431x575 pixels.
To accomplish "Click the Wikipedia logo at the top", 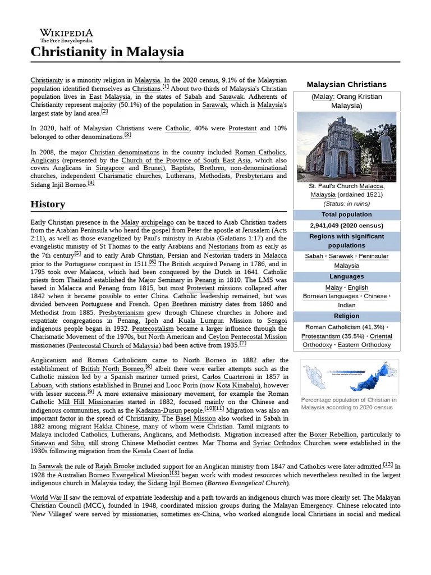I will click(66, 35).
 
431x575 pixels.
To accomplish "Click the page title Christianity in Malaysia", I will click(107, 52).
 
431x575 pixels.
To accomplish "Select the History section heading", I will click(48, 204).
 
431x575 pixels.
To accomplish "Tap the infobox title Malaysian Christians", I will click(346, 84).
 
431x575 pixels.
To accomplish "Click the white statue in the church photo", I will click(386, 140).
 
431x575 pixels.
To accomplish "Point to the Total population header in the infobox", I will click(346, 215).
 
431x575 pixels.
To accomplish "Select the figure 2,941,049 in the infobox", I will click(327, 226).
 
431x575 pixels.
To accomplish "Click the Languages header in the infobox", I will click(346, 276).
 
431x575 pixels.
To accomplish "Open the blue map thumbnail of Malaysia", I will click(350, 377).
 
